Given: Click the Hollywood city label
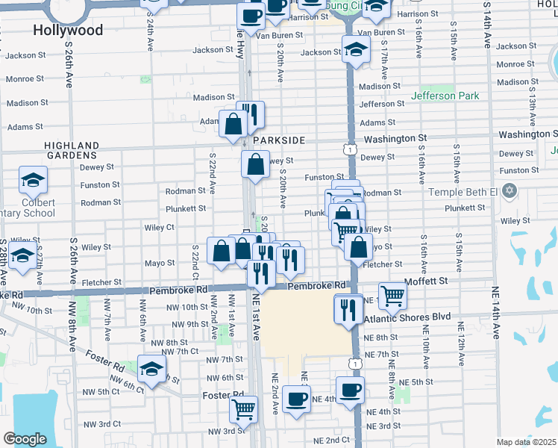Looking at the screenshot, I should click(68, 30).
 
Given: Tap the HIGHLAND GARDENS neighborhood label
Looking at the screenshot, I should click(72, 150).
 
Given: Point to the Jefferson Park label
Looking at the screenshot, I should click(445, 96).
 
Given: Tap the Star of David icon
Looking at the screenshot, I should click(510, 192).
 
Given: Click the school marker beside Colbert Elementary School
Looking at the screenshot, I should click(32, 179).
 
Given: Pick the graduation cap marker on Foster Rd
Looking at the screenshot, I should click(151, 370).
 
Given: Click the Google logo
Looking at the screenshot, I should click(25, 439).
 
